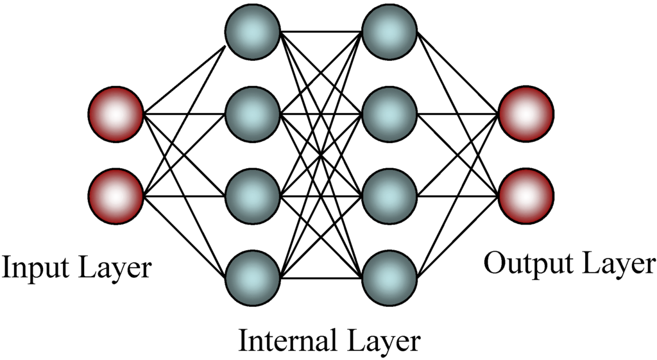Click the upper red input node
115,114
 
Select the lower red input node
115,196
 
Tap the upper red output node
525,114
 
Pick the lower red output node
525,196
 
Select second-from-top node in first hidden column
252,114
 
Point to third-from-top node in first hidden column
252,196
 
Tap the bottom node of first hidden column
252,277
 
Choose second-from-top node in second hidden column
389,114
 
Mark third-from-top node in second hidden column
389,196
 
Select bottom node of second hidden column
389,277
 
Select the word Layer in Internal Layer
383,341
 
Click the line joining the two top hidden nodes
321,31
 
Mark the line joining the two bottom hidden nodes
321,279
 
